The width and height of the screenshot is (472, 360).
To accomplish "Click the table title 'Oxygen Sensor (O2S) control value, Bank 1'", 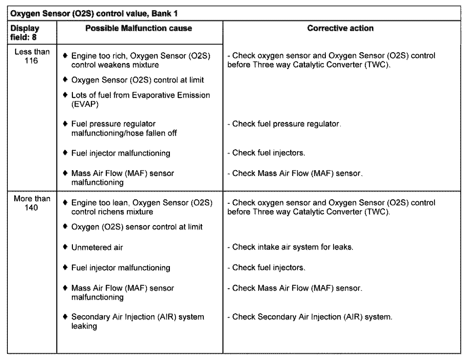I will (94, 14).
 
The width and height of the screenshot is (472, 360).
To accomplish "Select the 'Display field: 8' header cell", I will (25, 33).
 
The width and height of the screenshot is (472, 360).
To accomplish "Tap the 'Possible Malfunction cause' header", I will (139, 28).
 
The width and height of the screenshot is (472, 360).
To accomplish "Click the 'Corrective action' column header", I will (340, 28).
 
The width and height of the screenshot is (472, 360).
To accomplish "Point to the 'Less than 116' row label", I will (32, 56).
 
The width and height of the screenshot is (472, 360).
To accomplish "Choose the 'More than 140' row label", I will (32, 203).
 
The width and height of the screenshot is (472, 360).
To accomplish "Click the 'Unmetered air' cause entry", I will (97, 247).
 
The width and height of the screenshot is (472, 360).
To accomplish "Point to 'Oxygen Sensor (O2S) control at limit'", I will (137, 80).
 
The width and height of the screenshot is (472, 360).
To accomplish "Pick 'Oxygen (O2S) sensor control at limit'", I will (137, 227).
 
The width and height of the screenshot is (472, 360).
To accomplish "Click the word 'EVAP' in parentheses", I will (85, 104).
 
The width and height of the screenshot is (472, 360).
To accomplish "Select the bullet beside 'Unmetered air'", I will (65, 247).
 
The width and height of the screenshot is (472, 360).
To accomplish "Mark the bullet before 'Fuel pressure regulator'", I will (65, 124).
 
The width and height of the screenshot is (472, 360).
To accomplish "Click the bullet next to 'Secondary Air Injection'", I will (65, 317).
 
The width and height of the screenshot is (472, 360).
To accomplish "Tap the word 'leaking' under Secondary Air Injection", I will (84, 326).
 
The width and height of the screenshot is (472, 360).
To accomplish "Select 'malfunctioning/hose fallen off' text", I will (124, 133).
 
